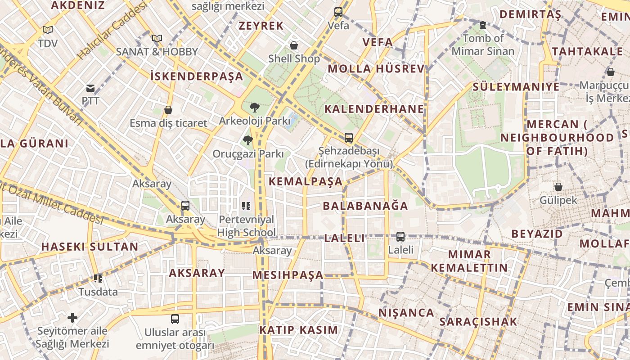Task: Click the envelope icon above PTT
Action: pyautogui.click(x=90, y=88)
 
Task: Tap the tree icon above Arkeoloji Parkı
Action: pyautogui.click(x=254, y=108)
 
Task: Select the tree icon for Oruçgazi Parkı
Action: pyautogui.click(x=247, y=140)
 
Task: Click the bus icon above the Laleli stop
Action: pyautogui.click(x=400, y=236)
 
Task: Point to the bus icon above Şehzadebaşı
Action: pyautogui.click(x=348, y=138)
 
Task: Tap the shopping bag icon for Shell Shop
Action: pyautogui.click(x=294, y=45)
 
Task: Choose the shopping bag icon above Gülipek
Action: pyautogui.click(x=558, y=186)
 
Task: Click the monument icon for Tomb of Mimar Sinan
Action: pyautogui.click(x=483, y=25)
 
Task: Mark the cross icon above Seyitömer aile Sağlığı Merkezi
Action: pyautogui.click(x=72, y=318)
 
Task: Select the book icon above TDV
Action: pyautogui.click(x=48, y=30)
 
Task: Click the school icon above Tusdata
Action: pyautogui.click(x=98, y=279)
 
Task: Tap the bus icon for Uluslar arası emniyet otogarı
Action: pyautogui.click(x=175, y=319)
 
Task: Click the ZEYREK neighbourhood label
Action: pyautogui.click(x=261, y=26)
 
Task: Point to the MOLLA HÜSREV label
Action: pyautogui.click(x=376, y=69)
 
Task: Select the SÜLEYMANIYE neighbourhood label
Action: pyautogui.click(x=516, y=86)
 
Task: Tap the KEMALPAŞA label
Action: pyautogui.click(x=306, y=182)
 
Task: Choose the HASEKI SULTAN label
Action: pyautogui.click(x=90, y=247)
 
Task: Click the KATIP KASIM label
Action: pyautogui.click(x=298, y=330)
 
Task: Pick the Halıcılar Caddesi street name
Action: pyautogui.click(x=112, y=31)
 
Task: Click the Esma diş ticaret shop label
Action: pyautogui.click(x=168, y=123)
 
